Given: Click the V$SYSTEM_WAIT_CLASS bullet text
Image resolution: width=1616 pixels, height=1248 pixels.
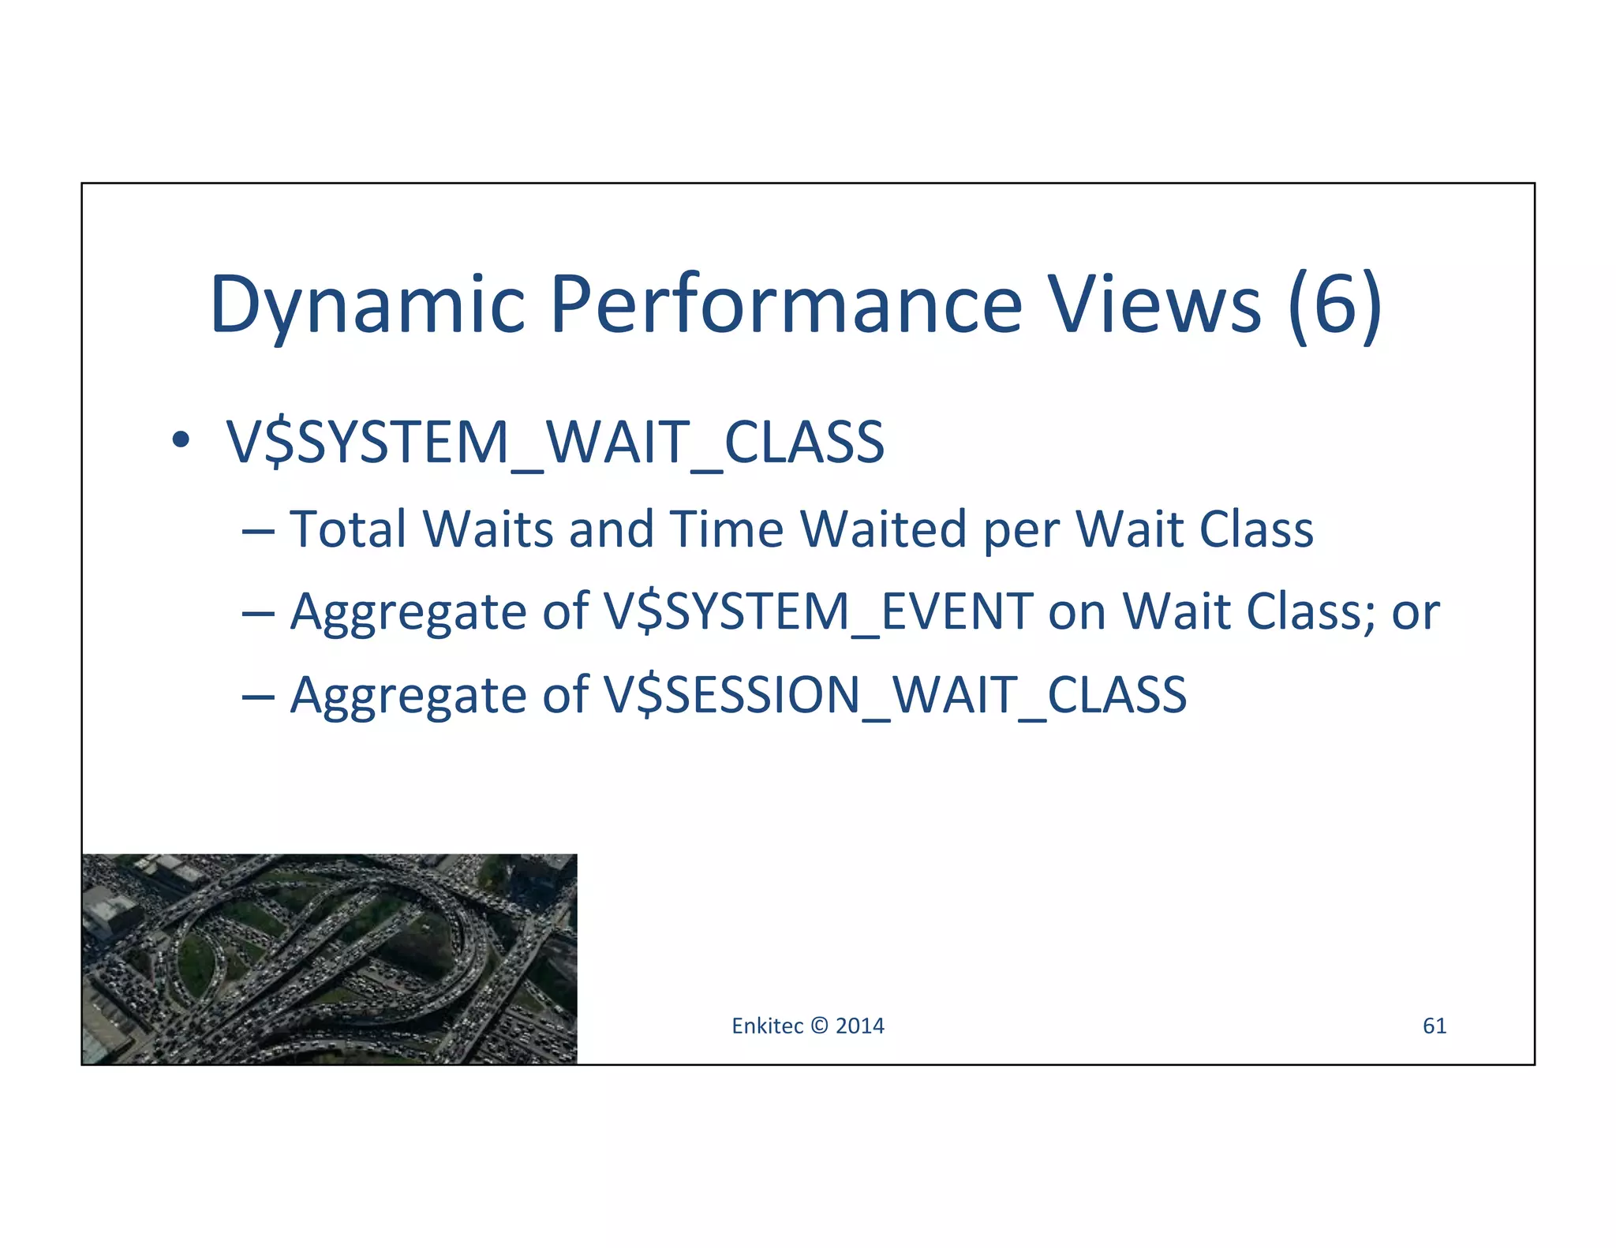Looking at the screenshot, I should point(555,442).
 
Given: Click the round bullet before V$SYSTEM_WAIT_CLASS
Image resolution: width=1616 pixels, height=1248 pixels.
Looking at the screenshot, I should point(181,440).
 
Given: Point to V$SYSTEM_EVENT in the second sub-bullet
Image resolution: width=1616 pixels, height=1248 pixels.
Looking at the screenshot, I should point(818,612).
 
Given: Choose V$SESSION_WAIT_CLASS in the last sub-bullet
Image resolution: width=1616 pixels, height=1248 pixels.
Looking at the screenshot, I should point(895,695).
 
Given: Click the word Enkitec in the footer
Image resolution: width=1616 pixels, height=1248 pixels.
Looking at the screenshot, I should point(767,1026).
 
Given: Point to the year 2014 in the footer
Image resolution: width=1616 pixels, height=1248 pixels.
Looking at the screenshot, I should point(860,1026).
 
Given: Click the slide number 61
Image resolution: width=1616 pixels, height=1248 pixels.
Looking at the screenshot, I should point(1434,1026).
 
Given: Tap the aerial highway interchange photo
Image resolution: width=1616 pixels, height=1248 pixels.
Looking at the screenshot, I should point(329,958).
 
